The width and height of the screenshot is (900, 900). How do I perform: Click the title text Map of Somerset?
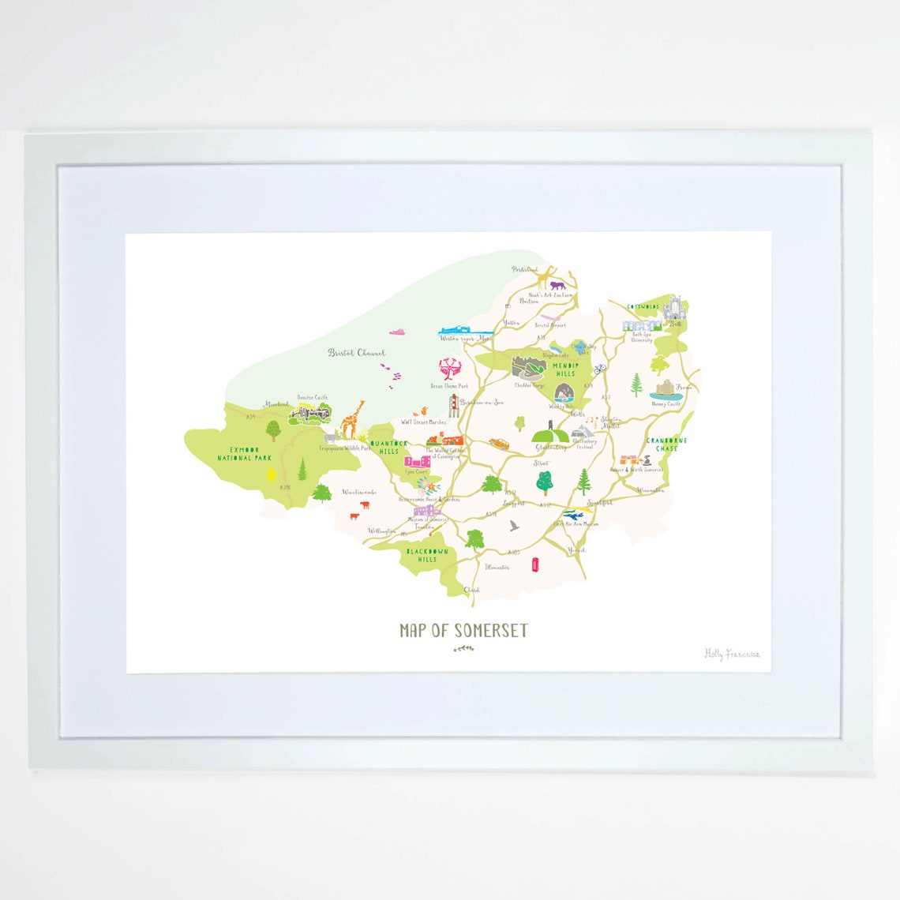point(463,630)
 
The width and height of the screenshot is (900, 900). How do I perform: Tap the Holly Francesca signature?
point(732,654)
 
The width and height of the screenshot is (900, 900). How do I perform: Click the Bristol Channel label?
point(357,353)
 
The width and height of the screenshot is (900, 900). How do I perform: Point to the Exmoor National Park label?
point(245,453)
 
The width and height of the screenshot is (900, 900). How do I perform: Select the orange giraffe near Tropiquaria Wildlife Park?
point(353,418)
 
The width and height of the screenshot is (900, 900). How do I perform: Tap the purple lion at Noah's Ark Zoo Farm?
point(558,286)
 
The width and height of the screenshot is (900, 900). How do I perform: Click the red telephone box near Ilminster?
point(536,564)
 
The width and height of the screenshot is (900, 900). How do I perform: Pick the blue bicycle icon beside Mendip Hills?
point(600,368)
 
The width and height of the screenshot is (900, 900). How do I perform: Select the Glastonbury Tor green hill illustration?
point(548,435)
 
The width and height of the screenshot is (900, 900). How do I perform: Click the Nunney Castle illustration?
point(666,390)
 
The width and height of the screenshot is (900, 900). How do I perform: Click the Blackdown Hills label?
point(427,555)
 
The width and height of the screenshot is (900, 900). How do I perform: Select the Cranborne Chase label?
point(666,444)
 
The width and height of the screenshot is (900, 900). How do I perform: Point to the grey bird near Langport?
point(514,525)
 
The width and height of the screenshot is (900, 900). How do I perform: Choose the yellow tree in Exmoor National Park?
point(272,474)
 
